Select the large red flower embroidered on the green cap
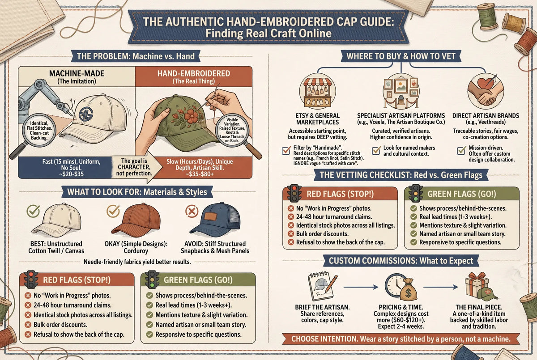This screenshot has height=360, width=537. pyautogui.click(x=192, y=116)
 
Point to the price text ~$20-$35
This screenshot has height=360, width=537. pyautogui.click(x=71, y=174)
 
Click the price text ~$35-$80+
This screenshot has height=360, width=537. pyautogui.click(x=200, y=174)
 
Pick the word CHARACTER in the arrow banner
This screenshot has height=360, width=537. pyautogui.click(x=134, y=167)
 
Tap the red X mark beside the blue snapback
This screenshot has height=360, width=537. pyautogui.click(x=192, y=211)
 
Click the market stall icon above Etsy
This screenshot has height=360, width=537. pyautogui.click(x=317, y=92)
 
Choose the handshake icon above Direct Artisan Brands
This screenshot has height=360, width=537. pyautogui.click(x=486, y=91)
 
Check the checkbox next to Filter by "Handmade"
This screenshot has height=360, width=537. pyautogui.click(x=286, y=150)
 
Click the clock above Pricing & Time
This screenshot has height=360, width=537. pyautogui.click(x=396, y=285)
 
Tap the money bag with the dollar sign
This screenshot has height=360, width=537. pyautogui.click(x=408, y=290)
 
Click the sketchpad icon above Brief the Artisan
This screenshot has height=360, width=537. pyautogui.click(x=321, y=286)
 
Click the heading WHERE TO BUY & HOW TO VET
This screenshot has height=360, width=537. pyautogui.click(x=401, y=56)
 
